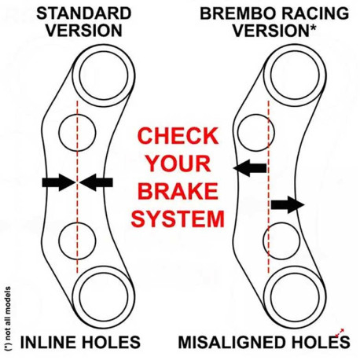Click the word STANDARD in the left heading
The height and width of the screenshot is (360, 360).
pos(84,13)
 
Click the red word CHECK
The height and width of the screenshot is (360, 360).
pos(178,136)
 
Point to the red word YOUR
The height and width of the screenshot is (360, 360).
pos(178,163)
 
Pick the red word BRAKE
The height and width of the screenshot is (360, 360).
pos(178,191)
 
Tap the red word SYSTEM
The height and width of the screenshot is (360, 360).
pos(178,219)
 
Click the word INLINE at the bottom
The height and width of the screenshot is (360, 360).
pos(48,342)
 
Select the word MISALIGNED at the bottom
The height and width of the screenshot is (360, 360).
pos(225,342)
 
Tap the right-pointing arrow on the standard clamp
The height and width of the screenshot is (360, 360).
pos(59,182)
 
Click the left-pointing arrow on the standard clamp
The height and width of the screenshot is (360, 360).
pos(96,182)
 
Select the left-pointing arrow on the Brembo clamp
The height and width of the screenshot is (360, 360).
pos(250,167)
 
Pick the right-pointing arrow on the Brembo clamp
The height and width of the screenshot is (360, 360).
pos(288,204)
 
